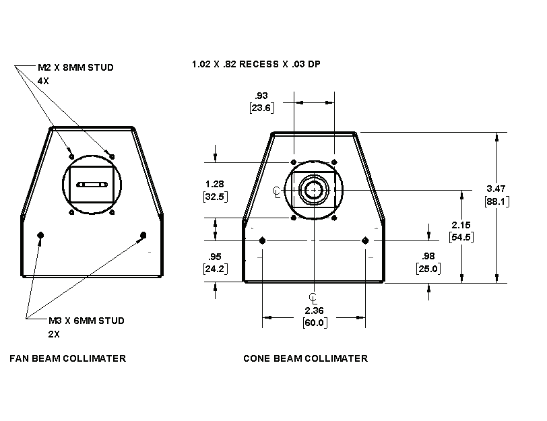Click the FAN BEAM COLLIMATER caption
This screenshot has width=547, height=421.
point(67,358)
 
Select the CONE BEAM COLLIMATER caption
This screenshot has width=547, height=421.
point(305,358)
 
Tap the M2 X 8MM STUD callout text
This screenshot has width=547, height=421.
point(75,67)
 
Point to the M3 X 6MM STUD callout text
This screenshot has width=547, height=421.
point(86,321)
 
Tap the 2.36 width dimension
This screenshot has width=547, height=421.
point(314,311)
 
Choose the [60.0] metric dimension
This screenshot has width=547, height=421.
point(314,323)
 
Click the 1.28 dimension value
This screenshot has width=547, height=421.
point(214,184)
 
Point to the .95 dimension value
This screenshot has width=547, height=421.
point(215,257)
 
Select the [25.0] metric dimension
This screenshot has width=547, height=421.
point(428,269)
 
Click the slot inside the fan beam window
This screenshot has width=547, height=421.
point(92,184)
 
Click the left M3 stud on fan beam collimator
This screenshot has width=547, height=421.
point(41,234)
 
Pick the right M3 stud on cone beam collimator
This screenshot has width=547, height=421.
point(365,240)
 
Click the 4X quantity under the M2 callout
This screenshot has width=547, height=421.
point(43,80)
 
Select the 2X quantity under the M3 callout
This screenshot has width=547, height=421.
point(54,333)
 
